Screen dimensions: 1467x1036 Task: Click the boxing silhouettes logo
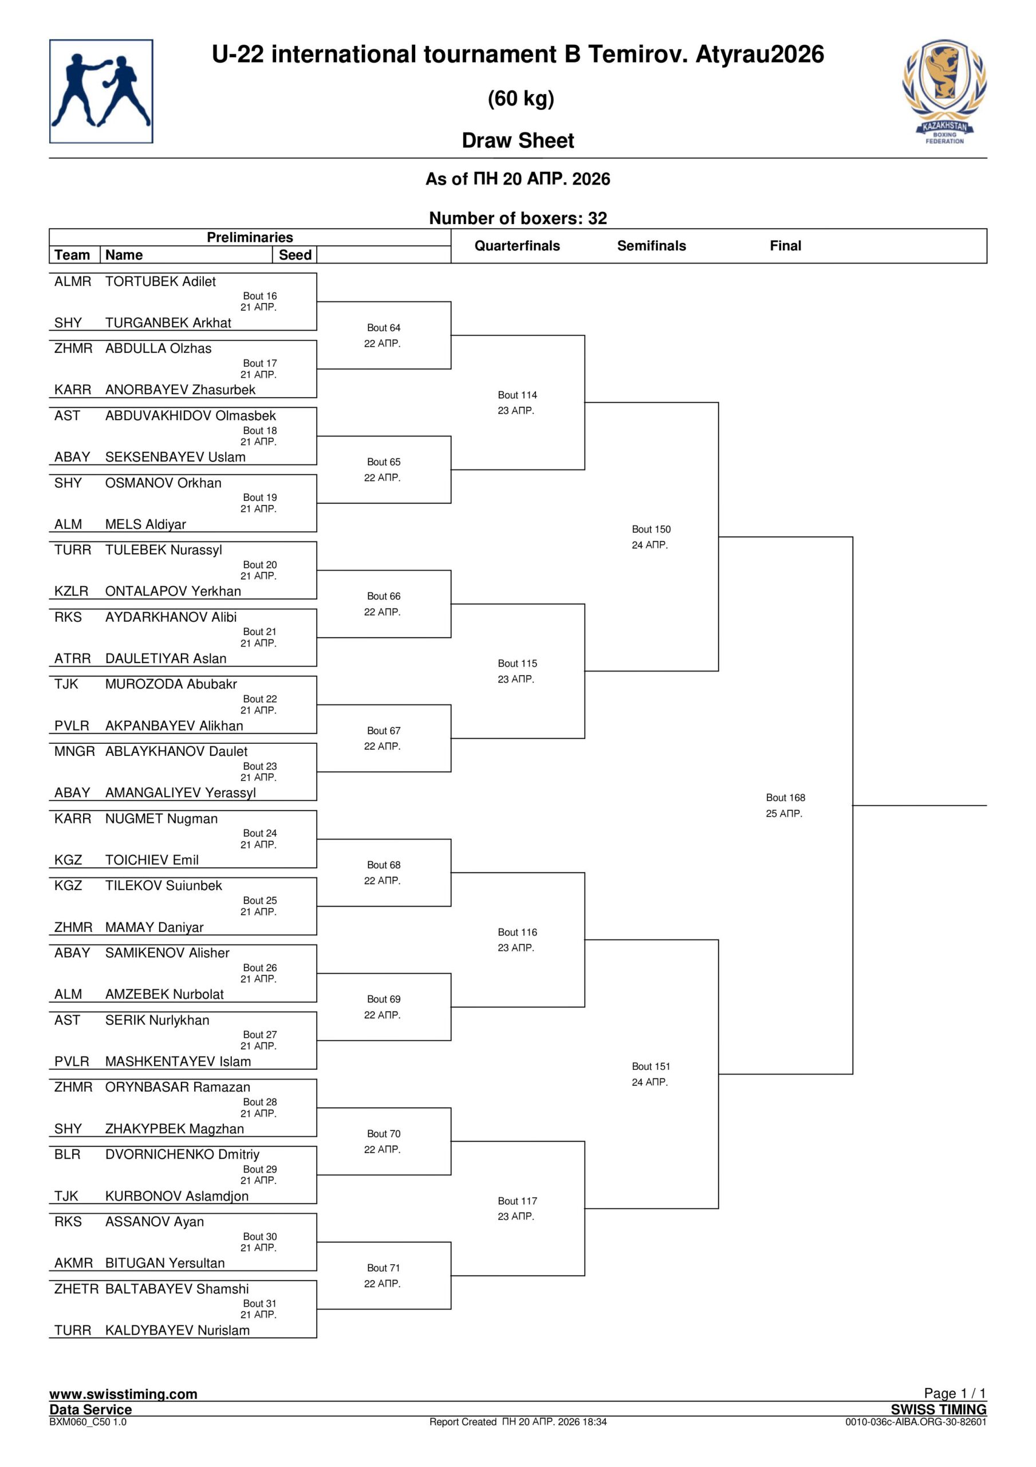101,91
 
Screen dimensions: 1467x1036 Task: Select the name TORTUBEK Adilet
160,282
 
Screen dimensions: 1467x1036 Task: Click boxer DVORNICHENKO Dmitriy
182,1155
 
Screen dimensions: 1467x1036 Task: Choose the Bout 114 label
517,395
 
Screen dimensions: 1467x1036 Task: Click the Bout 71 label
383,1268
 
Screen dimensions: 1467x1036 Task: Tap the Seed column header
295,255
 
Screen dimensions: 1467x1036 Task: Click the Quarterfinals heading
517,246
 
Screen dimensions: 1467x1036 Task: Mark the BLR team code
68,1155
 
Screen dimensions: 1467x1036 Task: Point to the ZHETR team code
76,1289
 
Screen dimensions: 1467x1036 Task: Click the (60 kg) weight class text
521,99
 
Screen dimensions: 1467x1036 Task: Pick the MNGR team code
74,751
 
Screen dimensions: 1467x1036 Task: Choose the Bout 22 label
259,699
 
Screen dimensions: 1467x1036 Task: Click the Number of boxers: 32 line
518,218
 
